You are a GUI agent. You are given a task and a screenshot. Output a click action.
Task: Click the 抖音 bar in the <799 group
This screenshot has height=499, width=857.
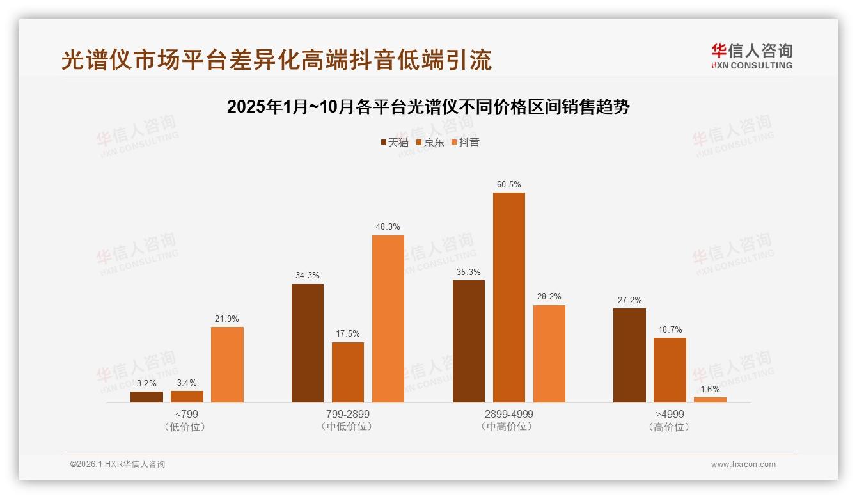tap(227, 365)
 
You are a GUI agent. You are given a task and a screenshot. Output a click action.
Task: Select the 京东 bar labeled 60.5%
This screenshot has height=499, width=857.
tap(508, 297)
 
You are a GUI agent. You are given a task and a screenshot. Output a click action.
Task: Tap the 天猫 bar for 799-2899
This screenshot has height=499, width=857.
tap(308, 343)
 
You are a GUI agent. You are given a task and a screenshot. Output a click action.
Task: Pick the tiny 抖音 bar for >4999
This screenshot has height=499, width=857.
tap(710, 400)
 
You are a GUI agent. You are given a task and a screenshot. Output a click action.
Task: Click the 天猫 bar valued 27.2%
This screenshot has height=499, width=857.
tap(629, 355)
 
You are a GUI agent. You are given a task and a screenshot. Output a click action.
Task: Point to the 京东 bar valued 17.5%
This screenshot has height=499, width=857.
tap(348, 372)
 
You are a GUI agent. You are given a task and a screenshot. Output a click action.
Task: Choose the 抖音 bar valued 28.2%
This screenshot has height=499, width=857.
tap(549, 354)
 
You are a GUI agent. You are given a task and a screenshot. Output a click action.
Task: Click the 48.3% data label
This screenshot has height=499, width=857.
tap(388, 227)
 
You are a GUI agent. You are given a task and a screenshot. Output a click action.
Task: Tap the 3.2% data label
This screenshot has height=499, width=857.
tap(146, 383)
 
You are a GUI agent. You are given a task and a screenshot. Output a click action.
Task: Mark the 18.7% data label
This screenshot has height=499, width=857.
tap(670, 329)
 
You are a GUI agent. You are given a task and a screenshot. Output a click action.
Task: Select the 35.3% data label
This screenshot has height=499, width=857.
tap(468, 272)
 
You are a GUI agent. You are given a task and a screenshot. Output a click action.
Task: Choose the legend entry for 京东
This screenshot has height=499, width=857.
tap(430, 142)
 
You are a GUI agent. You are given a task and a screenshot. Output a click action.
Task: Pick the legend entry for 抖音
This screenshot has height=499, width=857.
tap(465, 142)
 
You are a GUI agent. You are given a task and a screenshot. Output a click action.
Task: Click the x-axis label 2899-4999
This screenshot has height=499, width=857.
tap(508, 414)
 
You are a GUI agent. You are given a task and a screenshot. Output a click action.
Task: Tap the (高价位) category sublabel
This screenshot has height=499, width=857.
tap(669, 427)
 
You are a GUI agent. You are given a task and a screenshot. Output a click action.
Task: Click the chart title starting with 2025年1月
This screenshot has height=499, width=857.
tap(428, 107)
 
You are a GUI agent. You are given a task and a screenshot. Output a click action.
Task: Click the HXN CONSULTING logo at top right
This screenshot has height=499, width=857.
tap(751, 56)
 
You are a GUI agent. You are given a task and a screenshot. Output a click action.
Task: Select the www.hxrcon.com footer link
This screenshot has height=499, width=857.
tap(743, 464)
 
